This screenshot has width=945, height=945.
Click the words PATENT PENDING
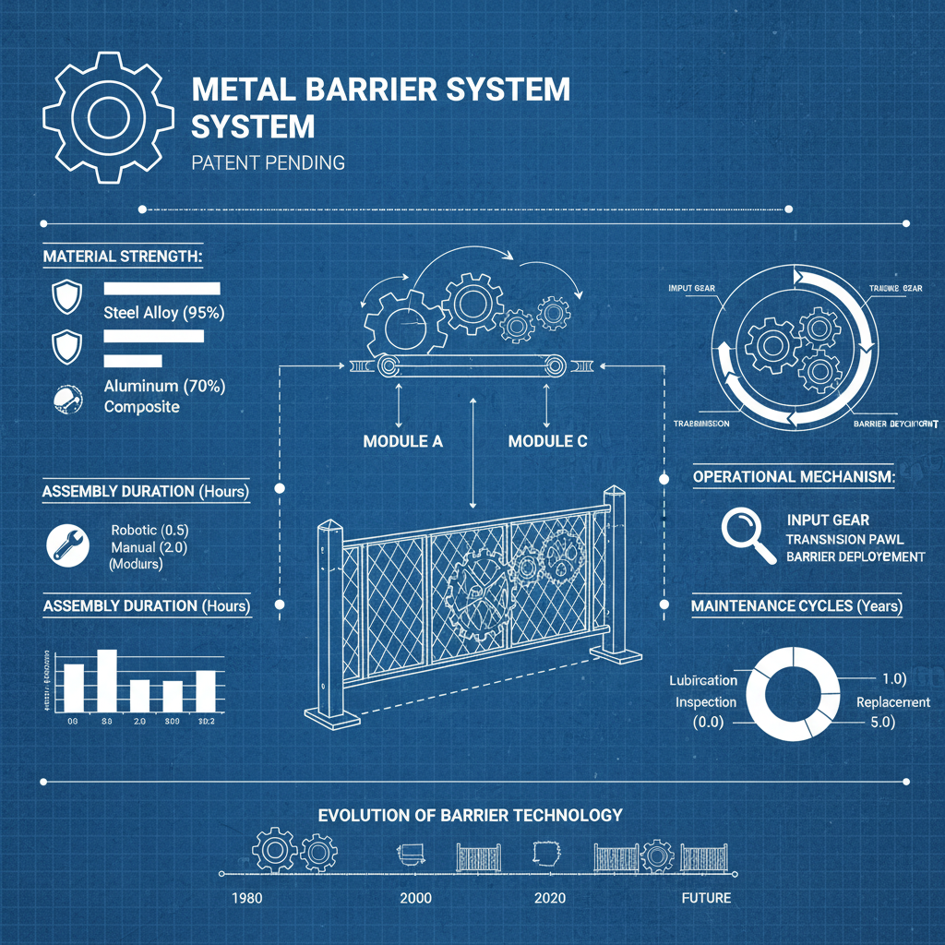(x=269, y=163)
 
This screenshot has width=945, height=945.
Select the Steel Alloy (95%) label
(x=163, y=312)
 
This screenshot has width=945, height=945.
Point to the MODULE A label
(x=403, y=441)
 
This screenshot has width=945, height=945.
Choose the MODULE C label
(x=547, y=441)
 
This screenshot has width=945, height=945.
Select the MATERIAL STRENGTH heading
(x=122, y=256)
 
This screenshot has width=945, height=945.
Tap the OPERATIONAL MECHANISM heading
(x=793, y=477)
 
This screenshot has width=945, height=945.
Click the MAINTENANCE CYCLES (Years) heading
(x=796, y=606)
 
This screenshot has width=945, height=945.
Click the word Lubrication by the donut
(x=703, y=680)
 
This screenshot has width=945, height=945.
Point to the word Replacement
(x=893, y=702)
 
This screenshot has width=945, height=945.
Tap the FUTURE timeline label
(x=706, y=898)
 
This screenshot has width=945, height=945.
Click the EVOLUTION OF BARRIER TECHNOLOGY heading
(x=470, y=816)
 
